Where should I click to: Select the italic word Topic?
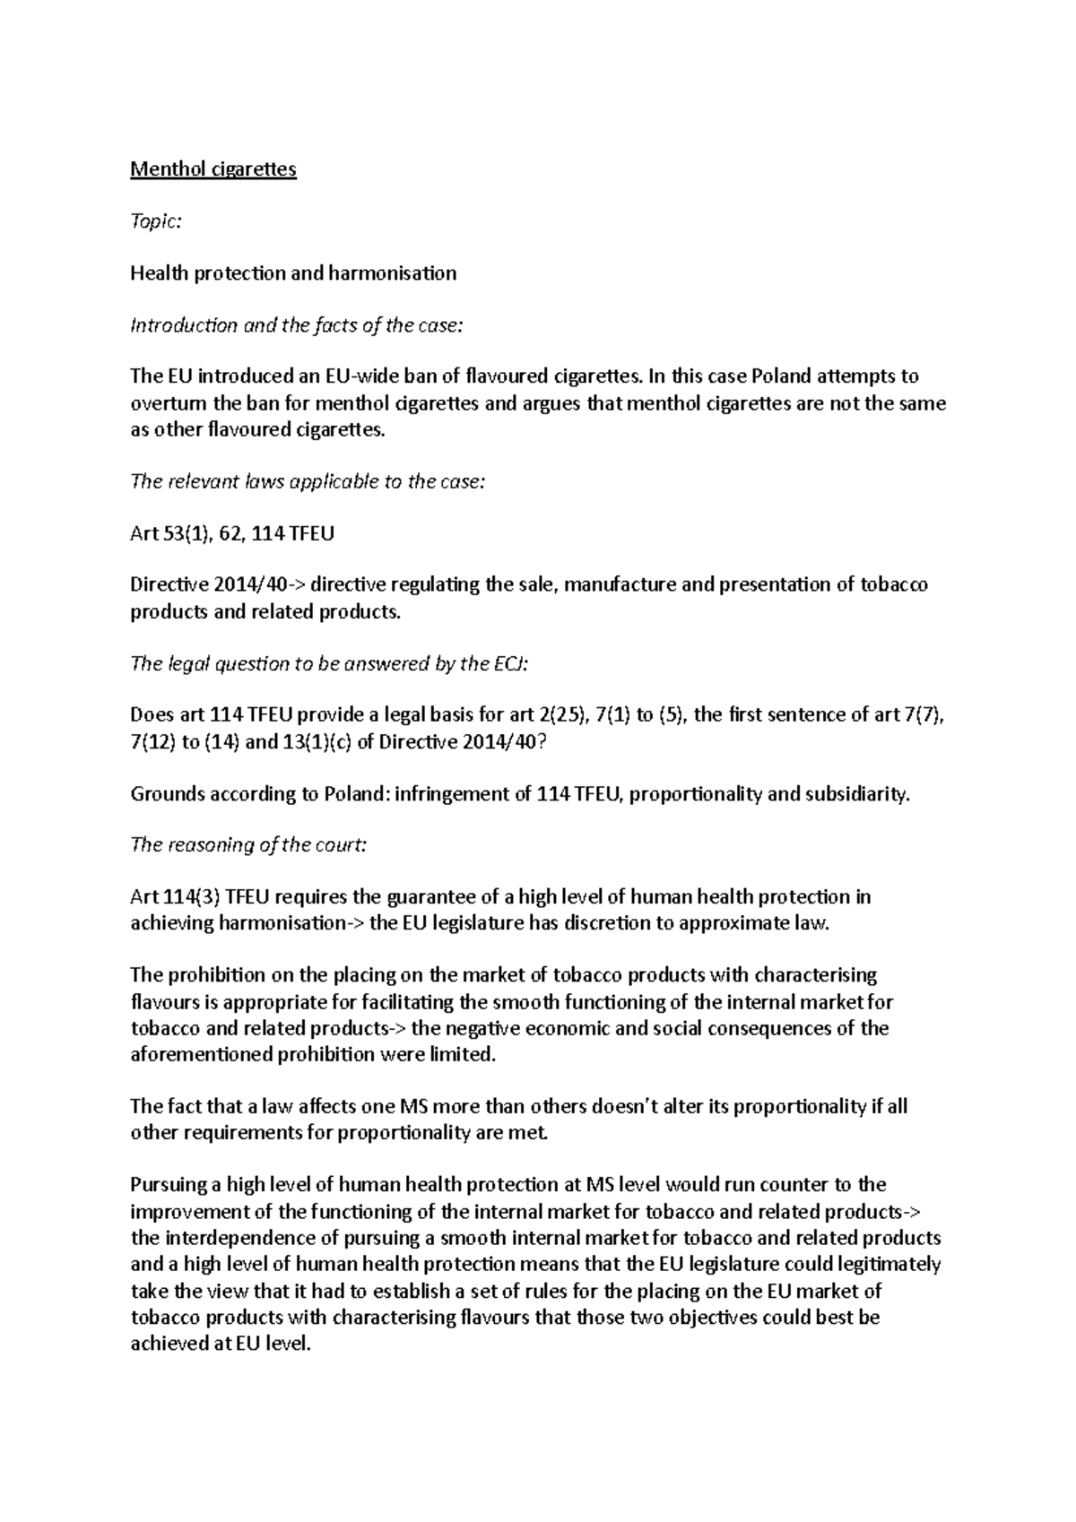click(x=156, y=221)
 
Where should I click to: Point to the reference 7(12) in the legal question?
click(x=152, y=743)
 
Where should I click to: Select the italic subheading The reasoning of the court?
click(x=248, y=845)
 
